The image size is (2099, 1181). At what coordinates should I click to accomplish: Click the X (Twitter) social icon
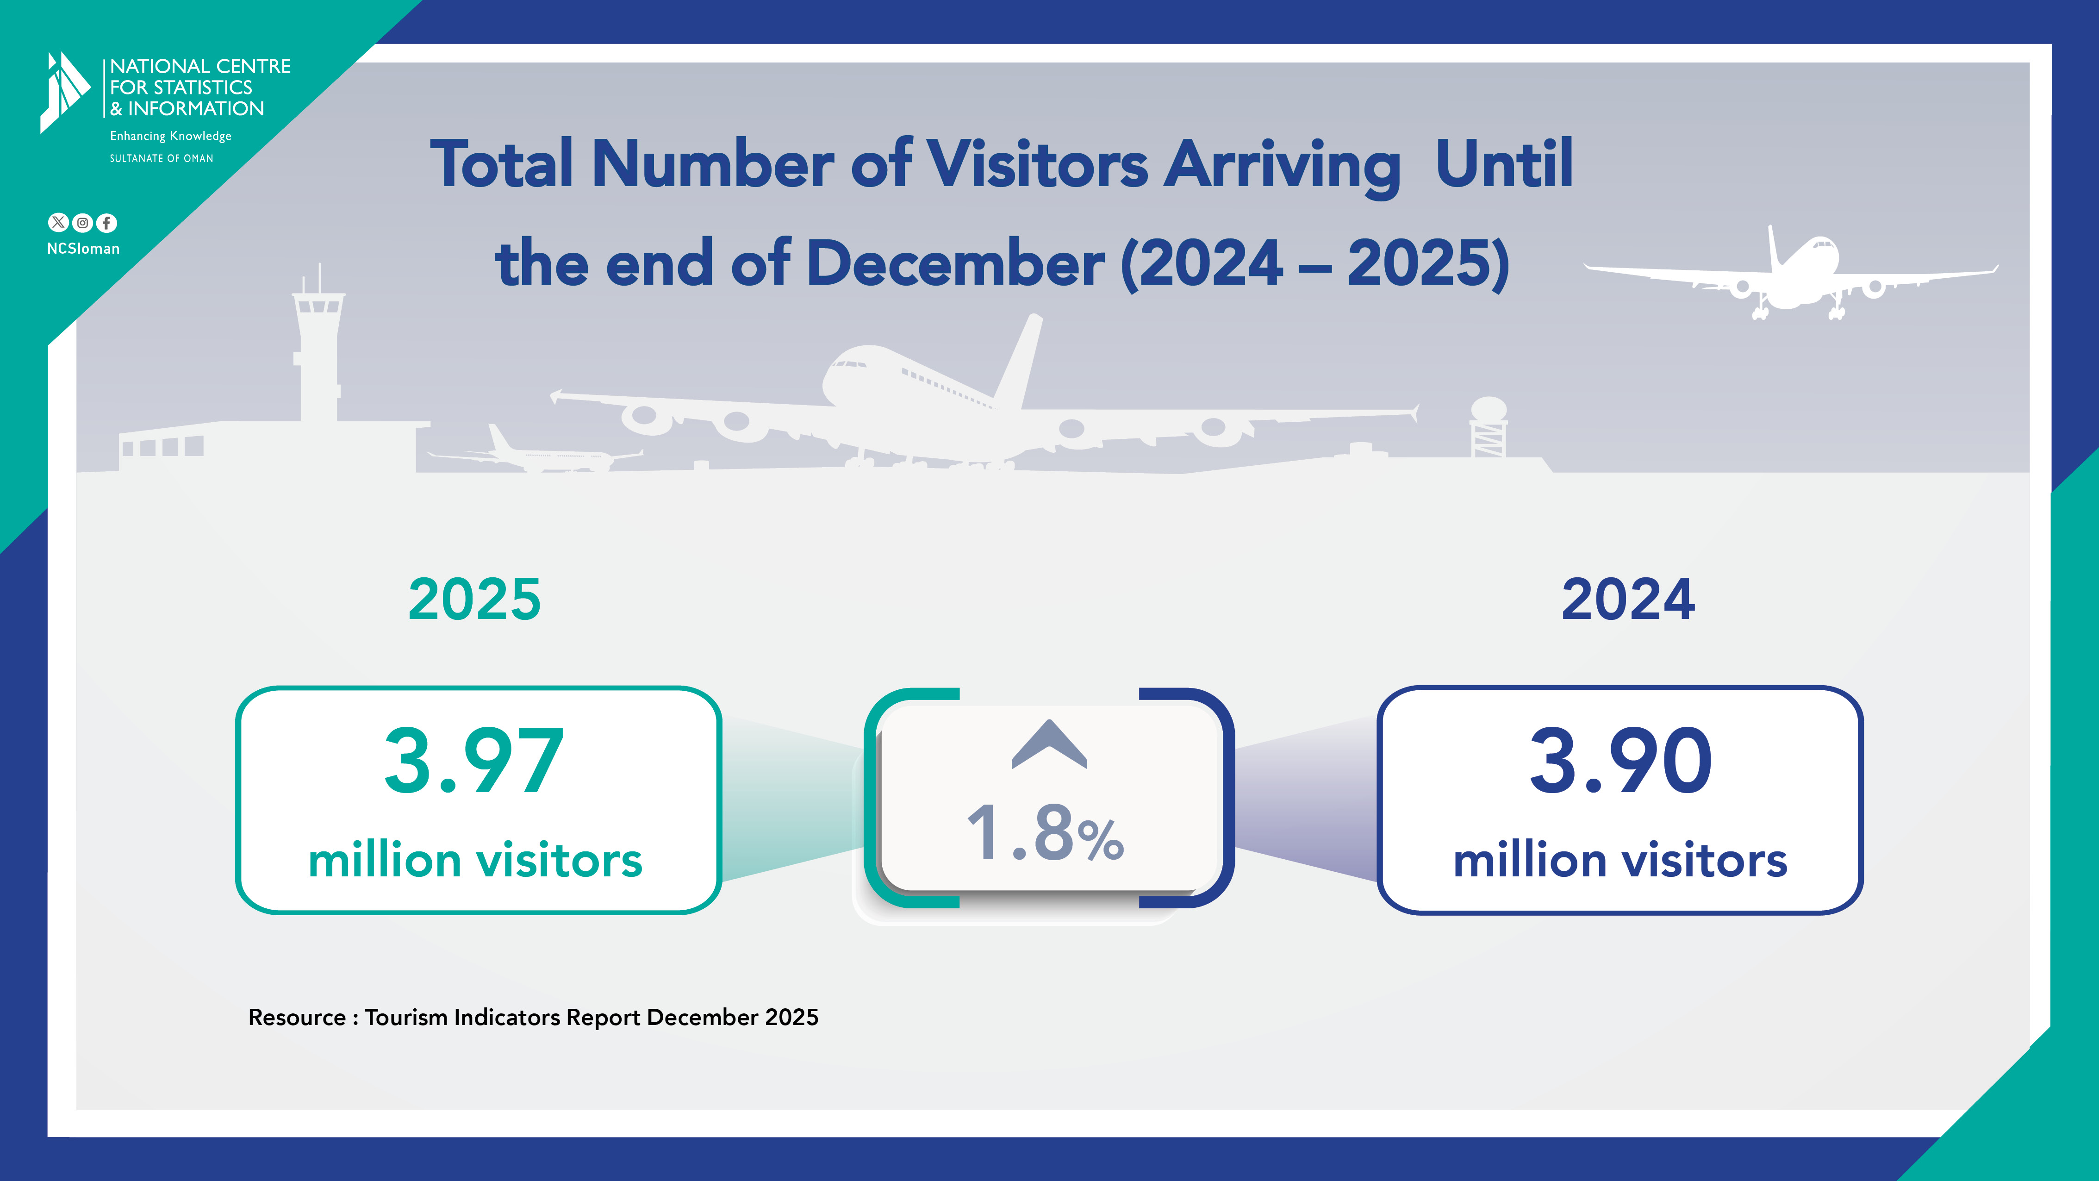tap(58, 223)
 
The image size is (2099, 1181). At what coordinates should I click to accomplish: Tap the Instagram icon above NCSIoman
tap(82, 223)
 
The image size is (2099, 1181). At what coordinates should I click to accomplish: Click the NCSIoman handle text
tap(83, 249)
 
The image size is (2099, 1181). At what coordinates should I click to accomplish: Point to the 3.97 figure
tap(473, 761)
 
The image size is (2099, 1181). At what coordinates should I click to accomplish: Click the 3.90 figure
tap(1621, 761)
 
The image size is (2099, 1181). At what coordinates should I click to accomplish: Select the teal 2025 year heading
tap(474, 599)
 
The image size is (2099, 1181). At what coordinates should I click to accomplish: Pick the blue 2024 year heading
tap(1628, 599)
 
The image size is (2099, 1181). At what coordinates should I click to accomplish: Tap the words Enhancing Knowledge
tap(170, 136)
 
